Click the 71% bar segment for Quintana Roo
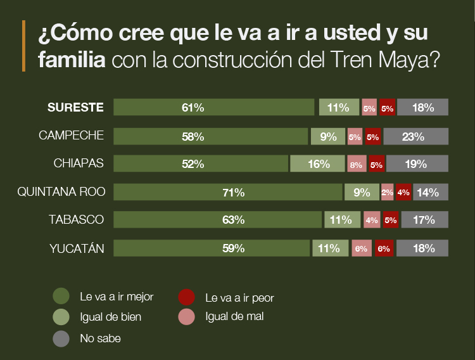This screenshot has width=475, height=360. (x=228, y=192)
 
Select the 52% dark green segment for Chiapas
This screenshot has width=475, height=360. (x=201, y=164)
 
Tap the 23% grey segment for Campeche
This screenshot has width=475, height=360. (x=415, y=136)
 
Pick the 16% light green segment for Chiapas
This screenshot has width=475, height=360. (x=317, y=164)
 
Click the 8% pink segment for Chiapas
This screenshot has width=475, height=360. (x=357, y=164)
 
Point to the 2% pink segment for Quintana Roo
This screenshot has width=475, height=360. (x=387, y=192)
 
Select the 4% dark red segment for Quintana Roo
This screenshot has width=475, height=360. (x=403, y=192)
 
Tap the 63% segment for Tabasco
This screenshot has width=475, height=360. (x=217, y=220)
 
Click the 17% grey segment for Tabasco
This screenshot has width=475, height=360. (x=424, y=220)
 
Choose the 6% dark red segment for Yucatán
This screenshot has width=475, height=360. (x=384, y=248)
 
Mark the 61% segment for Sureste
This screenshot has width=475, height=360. (x=213, y=108)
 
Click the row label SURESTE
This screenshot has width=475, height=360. (x=75, y=108)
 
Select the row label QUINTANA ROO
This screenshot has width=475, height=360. (x=61, y=192)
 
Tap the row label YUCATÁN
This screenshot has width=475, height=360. (x=77, y=248)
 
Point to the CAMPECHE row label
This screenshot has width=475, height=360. (x=71, y=136)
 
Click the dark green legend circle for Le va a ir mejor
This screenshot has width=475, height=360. (x=61, y=296)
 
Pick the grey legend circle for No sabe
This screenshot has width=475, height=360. (x=61, y=338)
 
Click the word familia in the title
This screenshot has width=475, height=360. (x=72, y=60)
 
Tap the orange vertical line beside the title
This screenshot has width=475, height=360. (x=23, y=46)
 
